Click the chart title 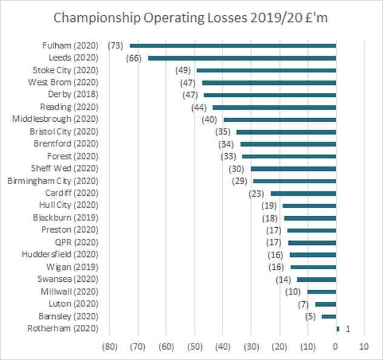coord(191,18)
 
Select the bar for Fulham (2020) coord(233,45)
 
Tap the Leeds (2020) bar coord(242,58)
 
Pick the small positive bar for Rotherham coord(338,328)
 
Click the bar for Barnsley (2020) coord(328,316)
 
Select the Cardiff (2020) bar coord(303,193)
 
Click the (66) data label coord(135,58)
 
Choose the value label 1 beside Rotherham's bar coord(348,329)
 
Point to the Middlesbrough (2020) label coord(55,119)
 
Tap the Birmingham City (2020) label coord(52,181)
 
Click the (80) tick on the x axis coord(110,347)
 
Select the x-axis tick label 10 coord(364,347)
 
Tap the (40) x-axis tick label coord(223,347)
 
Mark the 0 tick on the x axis coord(336,347)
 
